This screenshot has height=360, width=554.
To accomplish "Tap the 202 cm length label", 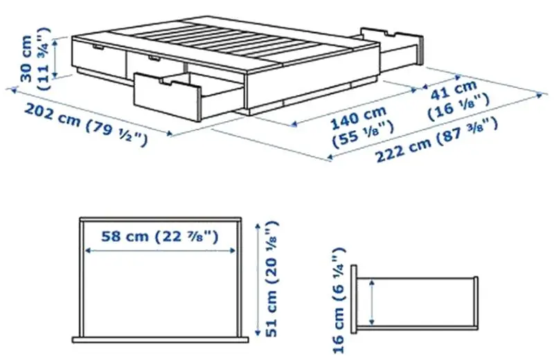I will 52,113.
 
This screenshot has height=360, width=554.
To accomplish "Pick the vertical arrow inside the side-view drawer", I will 373,302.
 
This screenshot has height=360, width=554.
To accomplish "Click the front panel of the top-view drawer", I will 161,340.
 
